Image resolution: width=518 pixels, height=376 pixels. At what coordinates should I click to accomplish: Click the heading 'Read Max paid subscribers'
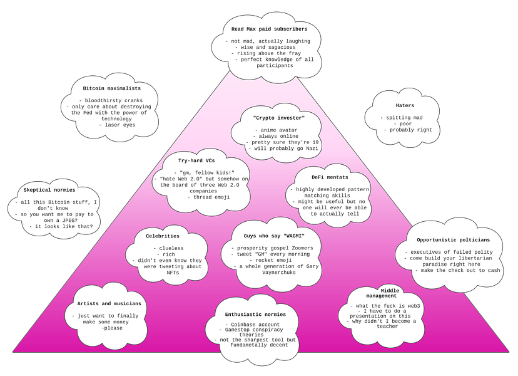[269, 29]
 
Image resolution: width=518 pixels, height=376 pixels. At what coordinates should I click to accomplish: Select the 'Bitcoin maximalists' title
[111, 88]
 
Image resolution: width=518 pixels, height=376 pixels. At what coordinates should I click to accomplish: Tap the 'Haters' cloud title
[405, 105]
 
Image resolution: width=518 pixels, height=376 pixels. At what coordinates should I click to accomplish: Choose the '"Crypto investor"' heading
[279, 118]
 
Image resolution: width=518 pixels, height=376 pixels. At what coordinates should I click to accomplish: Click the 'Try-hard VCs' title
[196, 160]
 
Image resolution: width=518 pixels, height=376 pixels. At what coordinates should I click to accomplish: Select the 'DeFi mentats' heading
[330, 177]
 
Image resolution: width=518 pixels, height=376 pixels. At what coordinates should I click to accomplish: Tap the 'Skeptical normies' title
[49, 190]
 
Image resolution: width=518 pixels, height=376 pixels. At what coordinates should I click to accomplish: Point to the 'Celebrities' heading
[163, 236]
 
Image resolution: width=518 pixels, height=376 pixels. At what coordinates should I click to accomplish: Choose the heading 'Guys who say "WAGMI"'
[274, 236]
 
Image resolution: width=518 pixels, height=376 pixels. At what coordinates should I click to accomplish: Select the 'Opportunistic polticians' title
[453, 240]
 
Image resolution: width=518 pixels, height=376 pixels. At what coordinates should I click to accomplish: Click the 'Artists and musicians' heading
[109, 304]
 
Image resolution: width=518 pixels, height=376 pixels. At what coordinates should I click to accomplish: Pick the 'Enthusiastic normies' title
[255, 315]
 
